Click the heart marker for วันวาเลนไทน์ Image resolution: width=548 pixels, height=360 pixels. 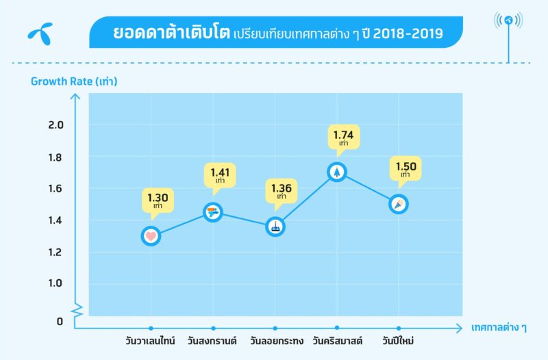tap(151, 236)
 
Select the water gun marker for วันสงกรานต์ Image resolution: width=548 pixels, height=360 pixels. tap(213, 213)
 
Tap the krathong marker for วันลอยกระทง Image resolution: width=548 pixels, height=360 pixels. tap(275, 227)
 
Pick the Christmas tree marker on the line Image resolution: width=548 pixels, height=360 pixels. tap(336, 172)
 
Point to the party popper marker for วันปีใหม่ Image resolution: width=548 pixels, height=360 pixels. tap(399, 204)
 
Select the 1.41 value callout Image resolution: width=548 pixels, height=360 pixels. tap(220, 176)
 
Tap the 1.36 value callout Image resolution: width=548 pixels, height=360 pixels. tap(281, 191)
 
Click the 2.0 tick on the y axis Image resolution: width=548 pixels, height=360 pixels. tap(55, 125)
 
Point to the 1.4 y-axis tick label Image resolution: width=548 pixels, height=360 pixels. tap(55, 220)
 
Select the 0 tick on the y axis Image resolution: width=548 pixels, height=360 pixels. tap(60, 321)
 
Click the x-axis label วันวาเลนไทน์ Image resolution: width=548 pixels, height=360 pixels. tap(150, 340)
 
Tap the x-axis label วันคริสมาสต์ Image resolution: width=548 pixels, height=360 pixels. tap(337, 340)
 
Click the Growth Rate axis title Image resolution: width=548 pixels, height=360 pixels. tap(75, 81)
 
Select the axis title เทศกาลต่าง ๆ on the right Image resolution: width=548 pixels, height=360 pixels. tap(499, 328)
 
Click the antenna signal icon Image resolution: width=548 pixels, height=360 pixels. tap(508, 21)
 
